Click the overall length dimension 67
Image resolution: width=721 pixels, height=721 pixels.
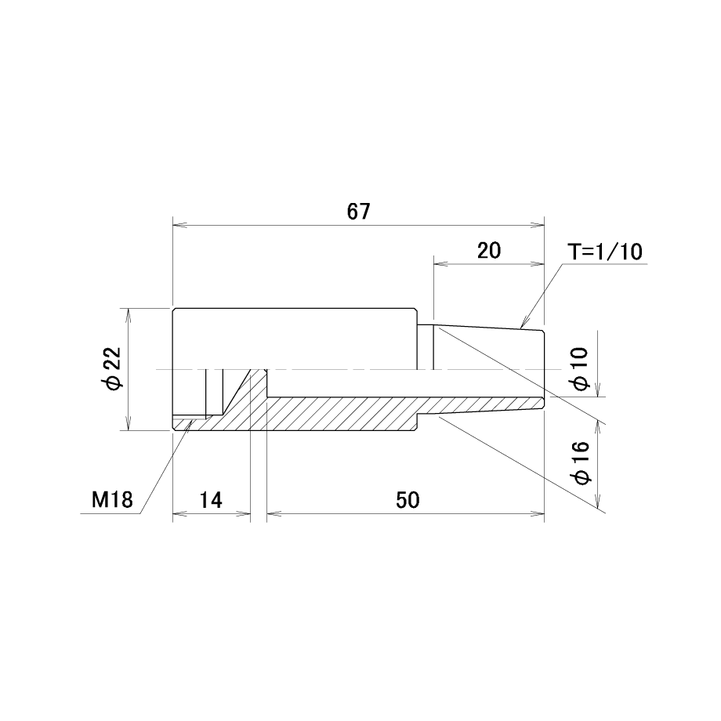pos(358,212)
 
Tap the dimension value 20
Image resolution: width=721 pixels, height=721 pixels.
pos(489,251)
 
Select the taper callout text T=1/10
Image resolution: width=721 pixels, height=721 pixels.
pos(605,252)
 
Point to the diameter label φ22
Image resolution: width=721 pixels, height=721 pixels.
pos(113,369)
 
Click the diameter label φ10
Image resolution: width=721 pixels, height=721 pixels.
pos(581,369)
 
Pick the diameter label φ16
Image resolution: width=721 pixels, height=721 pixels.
pos(581,463)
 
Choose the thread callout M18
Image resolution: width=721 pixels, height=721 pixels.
pos(112,500)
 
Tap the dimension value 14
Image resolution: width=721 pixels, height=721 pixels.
pos(211,500)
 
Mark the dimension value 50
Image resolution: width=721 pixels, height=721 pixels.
pos(408,500)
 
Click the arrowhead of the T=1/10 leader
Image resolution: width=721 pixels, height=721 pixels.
pos(524,323)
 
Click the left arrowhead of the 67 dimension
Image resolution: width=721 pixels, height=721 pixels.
pos(179,226)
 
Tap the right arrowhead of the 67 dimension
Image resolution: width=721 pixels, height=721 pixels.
pos(538,226)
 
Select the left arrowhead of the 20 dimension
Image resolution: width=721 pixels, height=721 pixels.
pos(440,263)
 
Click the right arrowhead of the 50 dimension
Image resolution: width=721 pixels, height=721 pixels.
pos(538,513)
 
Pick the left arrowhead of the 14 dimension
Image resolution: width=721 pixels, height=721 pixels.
pos(179,513)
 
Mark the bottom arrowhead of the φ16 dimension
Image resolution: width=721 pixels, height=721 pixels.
pos(598,502)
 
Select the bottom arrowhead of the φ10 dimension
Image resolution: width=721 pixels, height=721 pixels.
pos(598,390)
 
